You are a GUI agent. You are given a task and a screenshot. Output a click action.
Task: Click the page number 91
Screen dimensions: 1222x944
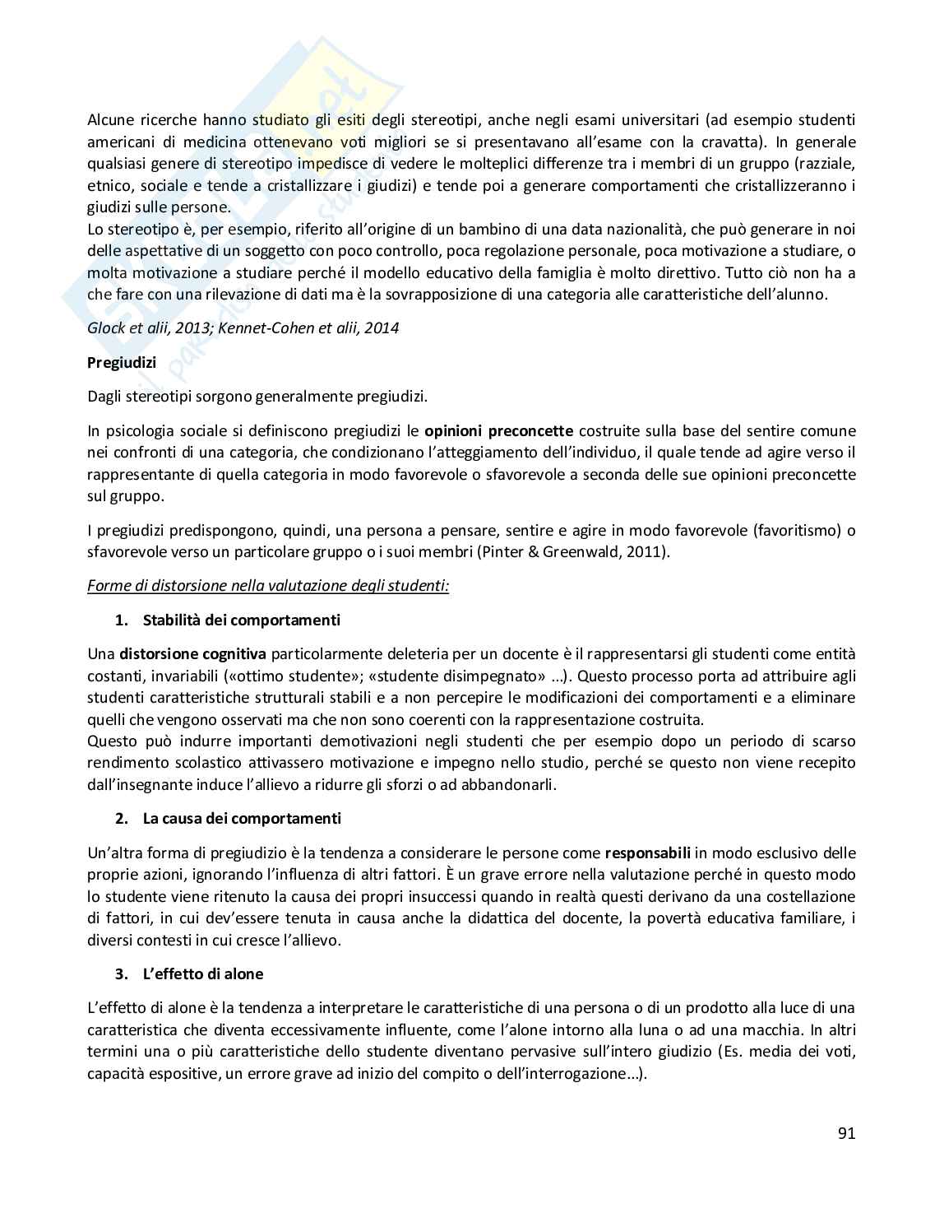(846, 1133)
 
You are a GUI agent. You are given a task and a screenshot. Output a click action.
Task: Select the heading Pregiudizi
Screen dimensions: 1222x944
(122, 362)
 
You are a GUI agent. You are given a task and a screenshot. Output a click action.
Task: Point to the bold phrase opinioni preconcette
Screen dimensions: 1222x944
(498, 430)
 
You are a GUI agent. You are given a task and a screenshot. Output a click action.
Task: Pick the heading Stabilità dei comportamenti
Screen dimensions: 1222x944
(241, 620)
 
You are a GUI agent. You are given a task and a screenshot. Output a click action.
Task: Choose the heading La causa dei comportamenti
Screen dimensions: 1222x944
(242, 818)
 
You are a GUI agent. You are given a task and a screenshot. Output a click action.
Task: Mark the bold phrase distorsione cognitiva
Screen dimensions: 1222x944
(192, 654)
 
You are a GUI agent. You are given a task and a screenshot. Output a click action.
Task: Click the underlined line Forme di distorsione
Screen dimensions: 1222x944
(268, 586)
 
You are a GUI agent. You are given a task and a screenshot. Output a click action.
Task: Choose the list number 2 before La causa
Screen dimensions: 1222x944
(122, 818)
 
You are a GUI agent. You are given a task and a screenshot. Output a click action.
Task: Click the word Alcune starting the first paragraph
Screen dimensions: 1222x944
(111, 120)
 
